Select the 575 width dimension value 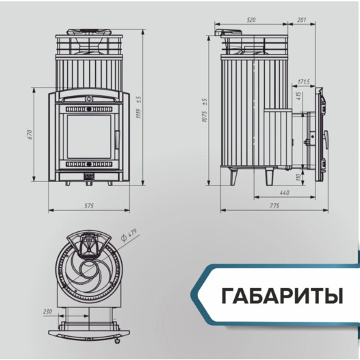[x=88, y=205]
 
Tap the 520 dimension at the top [x=251, y=21]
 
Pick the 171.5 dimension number [x=305, y=83]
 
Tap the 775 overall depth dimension [x=274, y=206]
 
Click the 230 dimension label [x=47, y=311]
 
